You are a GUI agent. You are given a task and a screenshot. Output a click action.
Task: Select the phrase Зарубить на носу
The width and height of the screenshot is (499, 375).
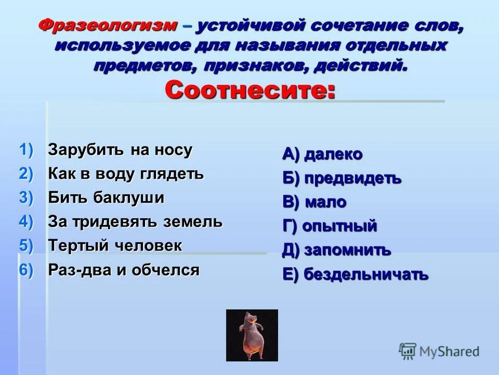click(120, 150)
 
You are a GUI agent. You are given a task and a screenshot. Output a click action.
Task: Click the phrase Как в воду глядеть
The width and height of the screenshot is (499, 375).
click(126, 173)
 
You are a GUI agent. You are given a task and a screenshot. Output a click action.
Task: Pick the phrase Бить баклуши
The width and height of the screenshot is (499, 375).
click(106, 198)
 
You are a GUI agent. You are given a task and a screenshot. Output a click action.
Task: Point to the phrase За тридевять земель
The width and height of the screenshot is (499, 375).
click(135, 222)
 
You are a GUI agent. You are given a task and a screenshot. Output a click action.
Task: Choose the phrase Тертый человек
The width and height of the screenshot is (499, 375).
click(115, 246)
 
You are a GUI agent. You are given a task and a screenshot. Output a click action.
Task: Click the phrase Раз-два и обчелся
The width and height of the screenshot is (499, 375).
click(124, 270)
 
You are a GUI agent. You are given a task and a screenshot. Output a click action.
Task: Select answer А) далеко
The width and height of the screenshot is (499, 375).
click(322, 154)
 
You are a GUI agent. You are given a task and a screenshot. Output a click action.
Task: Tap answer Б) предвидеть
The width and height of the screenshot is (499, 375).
click(342, 178)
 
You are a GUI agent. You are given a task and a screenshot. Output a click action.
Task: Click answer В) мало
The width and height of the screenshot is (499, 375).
click(314, 202)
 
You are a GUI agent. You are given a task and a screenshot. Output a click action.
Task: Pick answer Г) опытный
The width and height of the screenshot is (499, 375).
click(330, 226)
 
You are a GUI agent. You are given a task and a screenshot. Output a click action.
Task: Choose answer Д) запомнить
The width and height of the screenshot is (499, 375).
click(336, 250)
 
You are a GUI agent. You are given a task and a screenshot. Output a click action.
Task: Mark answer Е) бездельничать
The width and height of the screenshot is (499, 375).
click(355, 274)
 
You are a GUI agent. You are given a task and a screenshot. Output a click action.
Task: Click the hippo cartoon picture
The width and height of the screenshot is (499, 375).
click(252, 335)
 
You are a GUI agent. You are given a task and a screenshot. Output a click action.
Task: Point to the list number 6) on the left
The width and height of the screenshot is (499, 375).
click(27, 270)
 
